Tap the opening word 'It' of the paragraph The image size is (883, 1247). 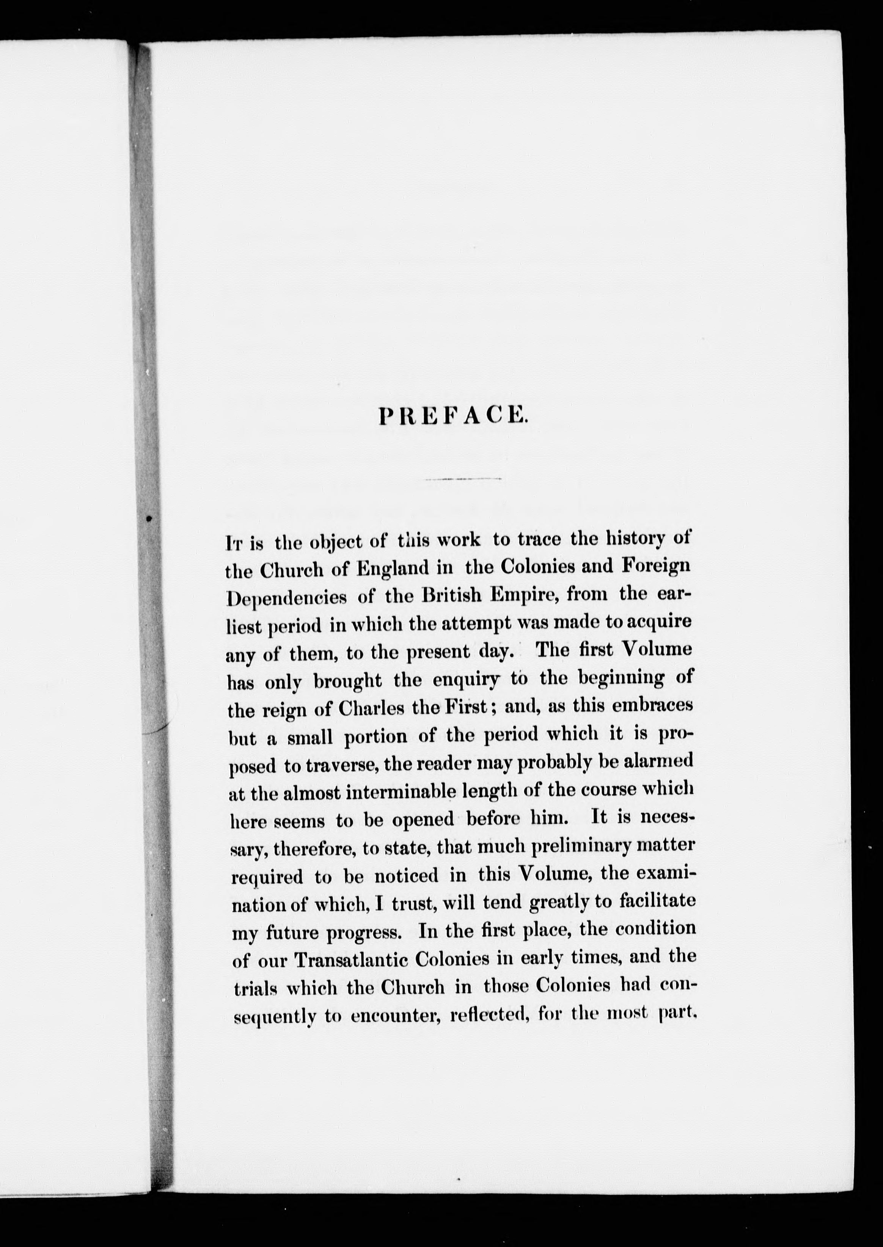[233, 542]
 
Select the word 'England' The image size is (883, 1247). [389, 568]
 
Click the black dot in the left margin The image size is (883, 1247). [149, 518]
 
